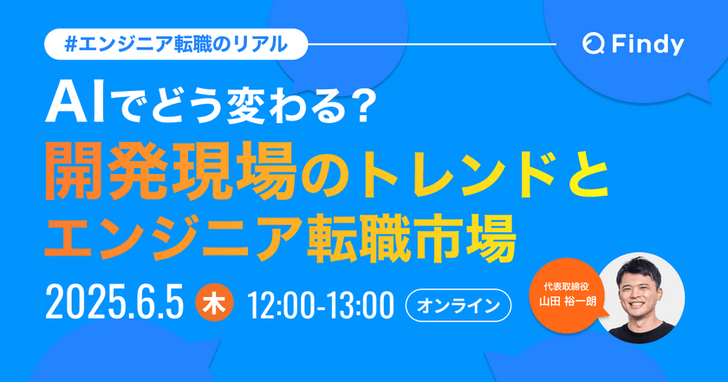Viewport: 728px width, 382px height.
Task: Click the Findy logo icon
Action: pyautogui.click(x=594, y=44)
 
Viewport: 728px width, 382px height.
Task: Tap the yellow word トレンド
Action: pyautogui.click(x=452, y=169)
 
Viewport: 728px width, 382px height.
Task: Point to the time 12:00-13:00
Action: pyautogui.click(x=321, y=305)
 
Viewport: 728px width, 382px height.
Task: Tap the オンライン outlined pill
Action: pyautogui.click(x=459, y=305)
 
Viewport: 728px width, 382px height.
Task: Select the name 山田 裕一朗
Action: pyautogui.click(x=569, y=305)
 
